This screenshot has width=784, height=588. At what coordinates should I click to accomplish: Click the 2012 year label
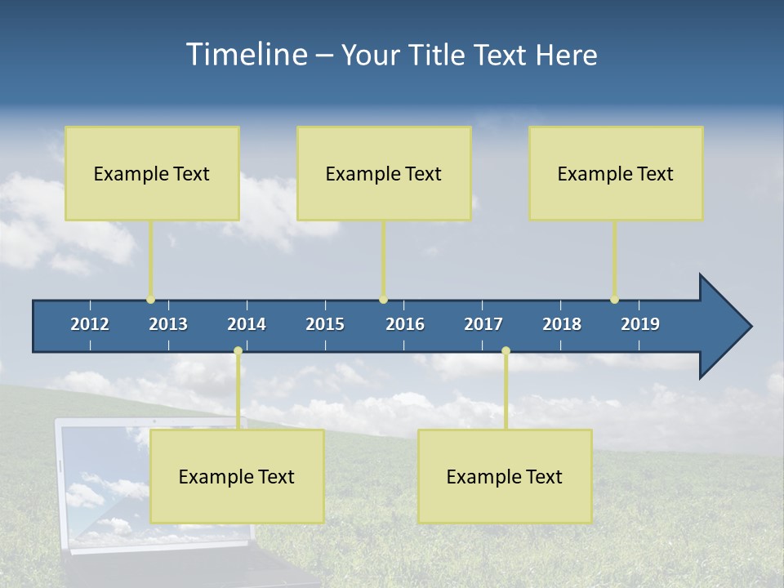[90, 324]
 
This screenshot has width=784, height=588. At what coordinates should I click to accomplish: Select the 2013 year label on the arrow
[168, 324]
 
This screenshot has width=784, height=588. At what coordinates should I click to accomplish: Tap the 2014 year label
[247, 324]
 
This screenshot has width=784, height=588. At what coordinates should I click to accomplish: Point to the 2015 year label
[325, 324]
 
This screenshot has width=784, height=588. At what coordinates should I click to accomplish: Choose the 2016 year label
[405, 324]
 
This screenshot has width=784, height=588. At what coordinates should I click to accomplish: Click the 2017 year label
[483, 324]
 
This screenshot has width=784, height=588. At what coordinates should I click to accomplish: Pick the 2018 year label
[562, 324]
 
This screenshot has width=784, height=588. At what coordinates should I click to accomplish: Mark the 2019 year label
[640, 324]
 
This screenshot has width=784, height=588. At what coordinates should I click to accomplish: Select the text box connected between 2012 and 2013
[152, 173]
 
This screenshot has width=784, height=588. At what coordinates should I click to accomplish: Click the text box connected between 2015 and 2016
[384, 173]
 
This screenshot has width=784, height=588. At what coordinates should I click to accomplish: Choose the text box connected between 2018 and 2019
[616, 173]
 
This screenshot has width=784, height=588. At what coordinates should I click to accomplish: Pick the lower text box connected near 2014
[237, 476]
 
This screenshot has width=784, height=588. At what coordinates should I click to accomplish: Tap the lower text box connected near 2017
[505, 476]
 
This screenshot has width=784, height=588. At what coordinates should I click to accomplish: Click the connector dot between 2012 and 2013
[150, 300]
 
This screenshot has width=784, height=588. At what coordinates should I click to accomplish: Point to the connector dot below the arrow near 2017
[506, 351]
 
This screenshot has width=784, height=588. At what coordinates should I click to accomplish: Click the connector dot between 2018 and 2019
[614, 300]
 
